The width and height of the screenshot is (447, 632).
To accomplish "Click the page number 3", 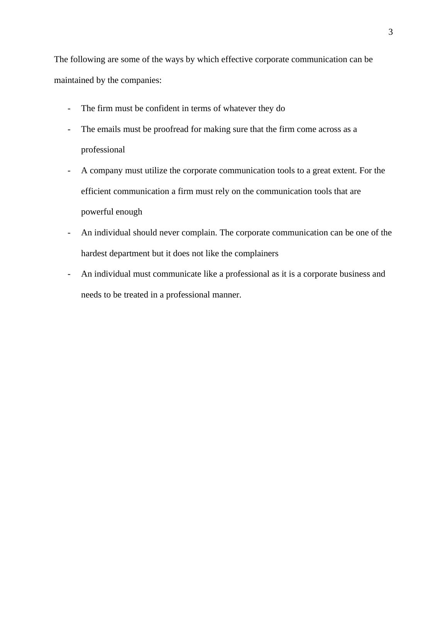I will coord(390,32).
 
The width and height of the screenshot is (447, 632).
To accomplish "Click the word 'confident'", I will coord(162,108).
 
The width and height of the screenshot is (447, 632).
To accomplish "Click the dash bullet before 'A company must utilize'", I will coord(69,171).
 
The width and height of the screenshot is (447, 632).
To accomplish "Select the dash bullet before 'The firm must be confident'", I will coord(69,108).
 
